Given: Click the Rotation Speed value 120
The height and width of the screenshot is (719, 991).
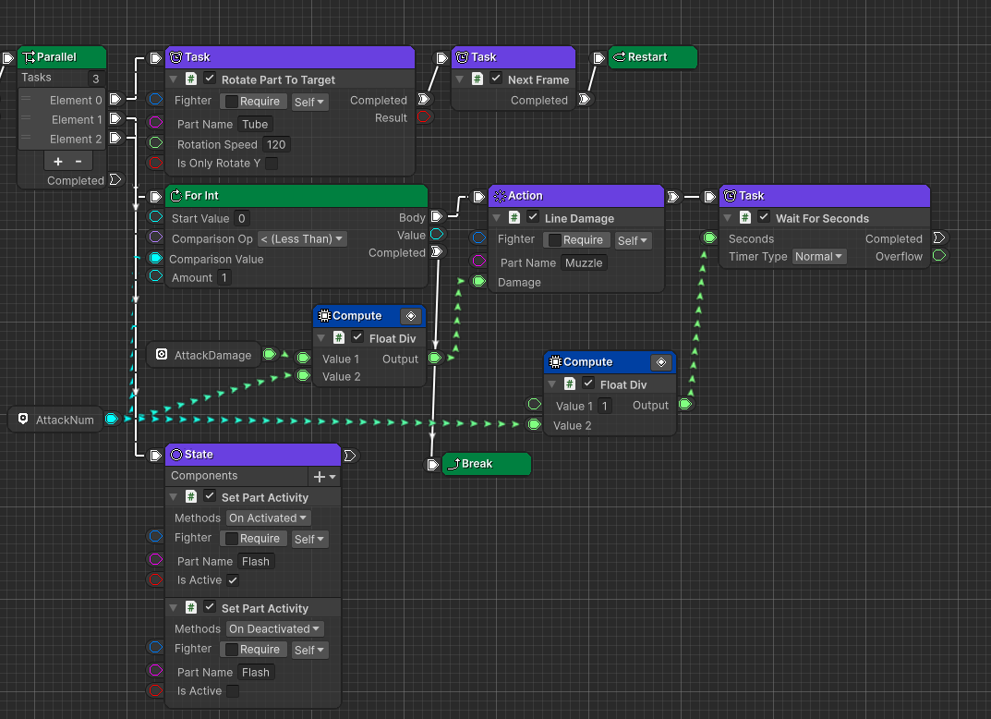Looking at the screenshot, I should [275, 144].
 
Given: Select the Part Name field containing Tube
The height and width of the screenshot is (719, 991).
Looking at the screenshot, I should [255, 124].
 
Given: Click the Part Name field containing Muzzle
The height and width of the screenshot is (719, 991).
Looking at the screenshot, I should [584, 262].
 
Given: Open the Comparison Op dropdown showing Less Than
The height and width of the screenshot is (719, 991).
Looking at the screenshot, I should [302, 238].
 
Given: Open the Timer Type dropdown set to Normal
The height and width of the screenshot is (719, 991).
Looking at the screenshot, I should [819, 256].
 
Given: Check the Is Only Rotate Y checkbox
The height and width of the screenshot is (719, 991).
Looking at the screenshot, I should [272, 164].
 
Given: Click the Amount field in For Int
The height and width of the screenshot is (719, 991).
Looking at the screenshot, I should [224, 277].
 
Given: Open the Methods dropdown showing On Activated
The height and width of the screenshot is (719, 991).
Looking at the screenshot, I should [269, 518].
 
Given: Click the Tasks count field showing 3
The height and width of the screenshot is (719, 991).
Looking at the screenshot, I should [95, 79].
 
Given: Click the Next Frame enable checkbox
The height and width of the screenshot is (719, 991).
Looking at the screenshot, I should [496, 79].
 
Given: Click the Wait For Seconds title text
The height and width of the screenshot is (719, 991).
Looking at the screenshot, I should [822, 218].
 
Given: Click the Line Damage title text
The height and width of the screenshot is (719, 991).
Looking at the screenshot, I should [579, 218].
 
